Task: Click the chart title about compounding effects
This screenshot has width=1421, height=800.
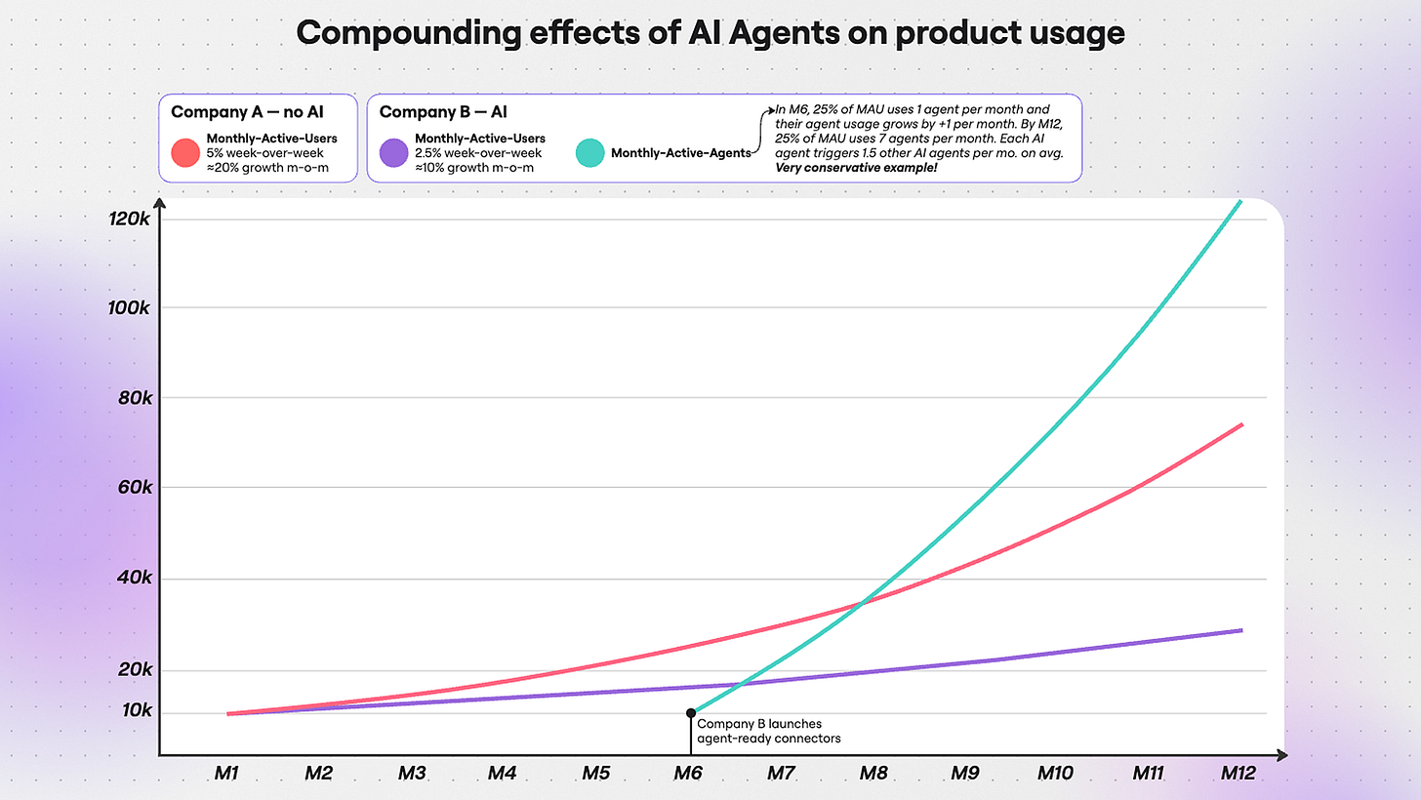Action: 710,32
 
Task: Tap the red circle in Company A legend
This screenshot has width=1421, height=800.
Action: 185,152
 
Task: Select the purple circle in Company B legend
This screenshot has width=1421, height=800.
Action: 394,152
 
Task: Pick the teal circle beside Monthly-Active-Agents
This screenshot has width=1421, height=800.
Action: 590,152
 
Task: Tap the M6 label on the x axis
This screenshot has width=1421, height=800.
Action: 688,774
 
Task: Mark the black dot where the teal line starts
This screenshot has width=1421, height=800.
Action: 691,713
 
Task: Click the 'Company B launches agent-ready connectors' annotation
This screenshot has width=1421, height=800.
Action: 768,731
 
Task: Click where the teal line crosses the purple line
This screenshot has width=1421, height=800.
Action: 741,684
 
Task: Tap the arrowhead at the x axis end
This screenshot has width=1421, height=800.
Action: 1281,755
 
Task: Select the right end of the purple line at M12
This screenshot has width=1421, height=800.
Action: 1241,630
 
